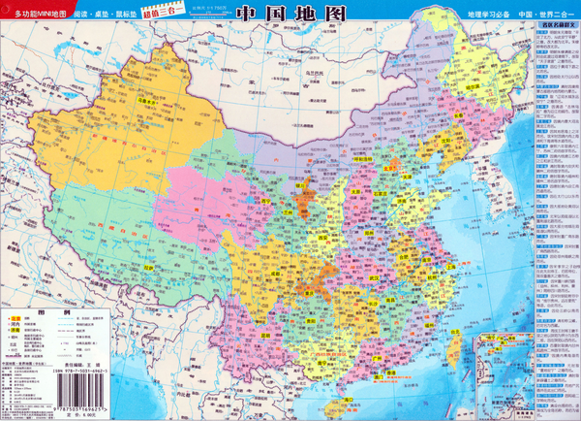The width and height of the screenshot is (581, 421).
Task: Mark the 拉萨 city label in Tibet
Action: (x=146, y=268)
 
